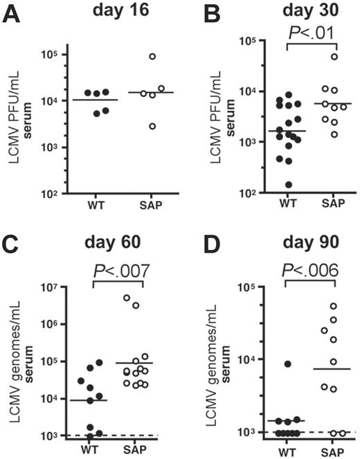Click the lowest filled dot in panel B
pyautogui.click(x=287, y=185)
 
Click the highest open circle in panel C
pyautogui.click(x=127, y=298)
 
